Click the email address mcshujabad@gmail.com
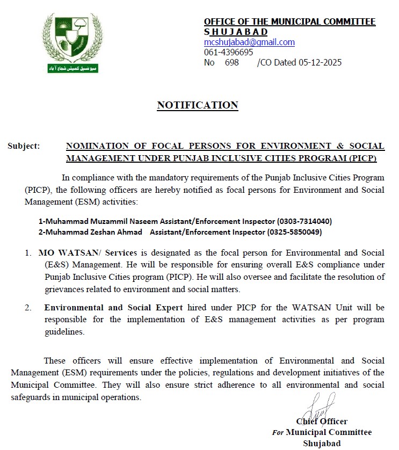(249, 42)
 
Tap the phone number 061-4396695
(228, 52)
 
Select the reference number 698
(232, 62)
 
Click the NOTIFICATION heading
(197, 105)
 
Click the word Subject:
(24, 146)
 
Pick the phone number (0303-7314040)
(304, 221)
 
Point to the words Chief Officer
(321, 422)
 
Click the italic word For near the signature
(278, 432)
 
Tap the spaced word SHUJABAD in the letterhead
(236, 32)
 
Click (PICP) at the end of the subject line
(362, 159)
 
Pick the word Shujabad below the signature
(322, 443)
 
